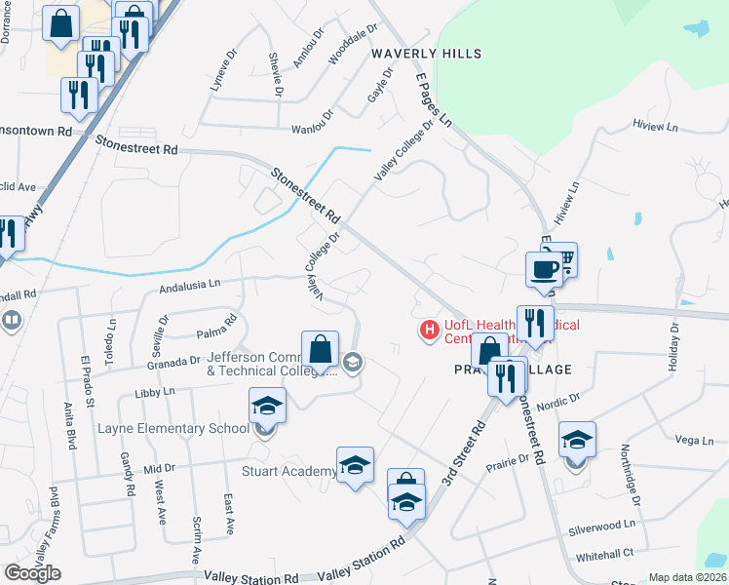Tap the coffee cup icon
pyautogui.click(x=543, y=268)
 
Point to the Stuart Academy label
pyautogui.click(x=289, y=472)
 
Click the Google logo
pyautogui.click(x=32, y=573)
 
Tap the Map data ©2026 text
pyautogui.click(x=687, y=577)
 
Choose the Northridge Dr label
pyautogui.click(x=631, y=476)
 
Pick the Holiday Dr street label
pyautogui.click(x=673, y=348)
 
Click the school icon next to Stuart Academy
pyautogui.click(x=355, y=464)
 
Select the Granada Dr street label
pyautogui.click(x=173, y=362)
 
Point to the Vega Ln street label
pyautogui.click(x=694, y=441)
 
